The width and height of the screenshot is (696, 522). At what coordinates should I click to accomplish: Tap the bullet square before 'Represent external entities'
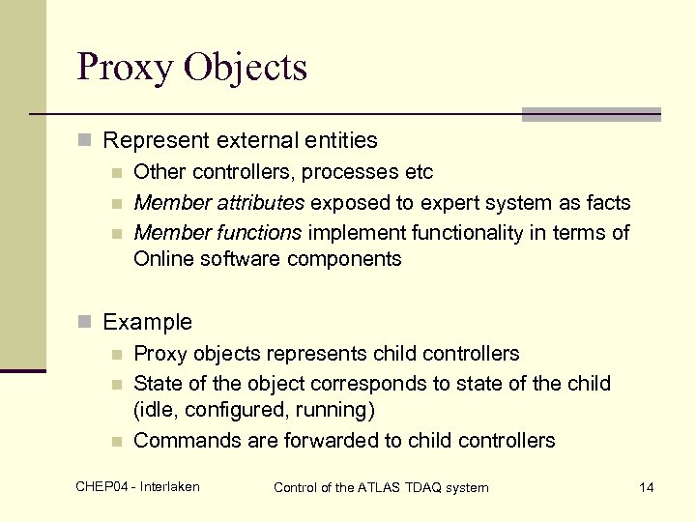86,141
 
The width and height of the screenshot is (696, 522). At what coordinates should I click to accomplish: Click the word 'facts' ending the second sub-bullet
608,203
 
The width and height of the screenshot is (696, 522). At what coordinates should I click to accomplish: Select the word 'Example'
147,322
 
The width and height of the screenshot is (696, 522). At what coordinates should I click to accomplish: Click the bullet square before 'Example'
86,323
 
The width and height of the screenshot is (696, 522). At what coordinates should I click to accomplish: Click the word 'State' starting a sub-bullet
156,384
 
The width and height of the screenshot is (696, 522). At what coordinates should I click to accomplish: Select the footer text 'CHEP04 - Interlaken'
137,486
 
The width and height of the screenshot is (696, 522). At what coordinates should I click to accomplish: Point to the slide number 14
647,487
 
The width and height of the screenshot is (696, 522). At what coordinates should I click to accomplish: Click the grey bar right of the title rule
591,114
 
